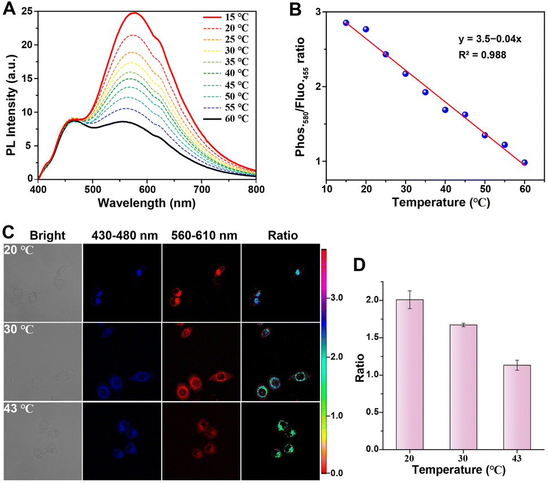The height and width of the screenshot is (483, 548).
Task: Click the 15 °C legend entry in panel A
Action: [226, 17]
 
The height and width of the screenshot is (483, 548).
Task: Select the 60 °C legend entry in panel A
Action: [226, 119]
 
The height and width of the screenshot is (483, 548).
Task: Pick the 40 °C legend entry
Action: [226, 73]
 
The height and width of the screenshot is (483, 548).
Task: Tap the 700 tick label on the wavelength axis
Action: [202, 189]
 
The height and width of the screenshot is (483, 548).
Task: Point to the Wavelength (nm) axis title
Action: [146, 203]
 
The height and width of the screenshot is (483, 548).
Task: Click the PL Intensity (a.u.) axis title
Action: [11, 105]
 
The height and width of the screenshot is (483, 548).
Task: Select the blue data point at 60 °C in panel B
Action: [524, 163]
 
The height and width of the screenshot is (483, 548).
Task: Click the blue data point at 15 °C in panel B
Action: [346, 23]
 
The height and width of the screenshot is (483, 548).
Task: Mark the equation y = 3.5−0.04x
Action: [490, 39]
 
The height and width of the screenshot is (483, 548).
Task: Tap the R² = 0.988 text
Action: [482, 55]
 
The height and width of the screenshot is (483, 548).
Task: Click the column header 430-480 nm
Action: [124, 236]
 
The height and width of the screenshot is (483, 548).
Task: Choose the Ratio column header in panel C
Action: [283, 236]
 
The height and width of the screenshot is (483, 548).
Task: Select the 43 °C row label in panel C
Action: [19, 408]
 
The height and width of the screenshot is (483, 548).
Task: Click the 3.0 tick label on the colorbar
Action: [336, 298]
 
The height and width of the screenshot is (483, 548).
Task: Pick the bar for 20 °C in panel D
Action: [409, 375]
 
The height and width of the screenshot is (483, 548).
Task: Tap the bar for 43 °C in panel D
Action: [517, 407]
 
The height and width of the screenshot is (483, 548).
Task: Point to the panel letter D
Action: [360, 265]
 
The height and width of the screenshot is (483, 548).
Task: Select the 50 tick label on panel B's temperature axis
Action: [485, 189]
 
